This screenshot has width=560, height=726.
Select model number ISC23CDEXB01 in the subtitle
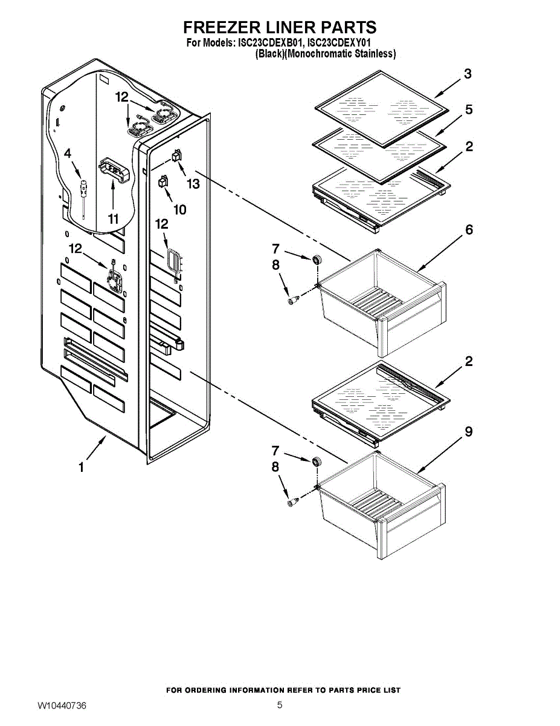click(269, 43)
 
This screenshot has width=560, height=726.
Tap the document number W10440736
click(62, 705)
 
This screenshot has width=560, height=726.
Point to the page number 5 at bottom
click(280, 705)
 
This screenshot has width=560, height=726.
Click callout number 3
click(468, 74)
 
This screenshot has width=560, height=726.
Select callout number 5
click(469, 110)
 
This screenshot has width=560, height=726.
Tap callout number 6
click(469, 230)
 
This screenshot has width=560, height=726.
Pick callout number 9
click(469, 432)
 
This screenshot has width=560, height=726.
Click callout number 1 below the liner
click(80, 467)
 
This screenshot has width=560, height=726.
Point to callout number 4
click(68, 154)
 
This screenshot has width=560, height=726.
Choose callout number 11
click(114, 218)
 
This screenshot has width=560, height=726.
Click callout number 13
click(193, 184)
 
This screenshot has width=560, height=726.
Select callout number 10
click(180, 209)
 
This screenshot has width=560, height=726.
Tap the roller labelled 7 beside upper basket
click(315, 260)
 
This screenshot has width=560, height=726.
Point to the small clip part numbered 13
click(177, 155)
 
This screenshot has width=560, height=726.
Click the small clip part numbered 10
click(163, 181)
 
